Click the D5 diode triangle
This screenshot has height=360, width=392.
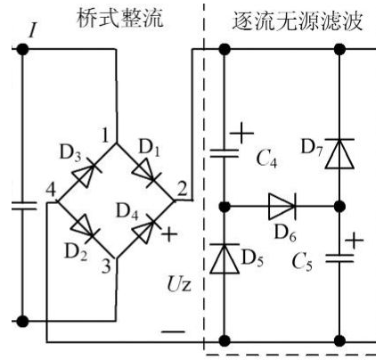point(225,258)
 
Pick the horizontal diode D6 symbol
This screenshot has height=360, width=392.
point(282,206)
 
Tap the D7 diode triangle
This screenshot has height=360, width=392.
point(339,153)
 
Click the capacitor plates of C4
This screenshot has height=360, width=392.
point(225,153)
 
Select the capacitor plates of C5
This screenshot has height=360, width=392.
point(339,258)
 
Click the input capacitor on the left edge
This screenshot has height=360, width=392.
point(23,206)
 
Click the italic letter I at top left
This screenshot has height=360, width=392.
point(33,29)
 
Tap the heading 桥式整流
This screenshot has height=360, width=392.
point(120,19)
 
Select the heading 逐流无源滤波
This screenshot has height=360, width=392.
point(298,21)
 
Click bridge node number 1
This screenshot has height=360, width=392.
point(105,135)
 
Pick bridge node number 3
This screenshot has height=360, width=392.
point(106,266)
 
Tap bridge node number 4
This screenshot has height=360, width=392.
point(51,190)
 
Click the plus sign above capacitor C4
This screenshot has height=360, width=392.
point(241,133)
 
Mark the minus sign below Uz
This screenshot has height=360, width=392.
point(173,331)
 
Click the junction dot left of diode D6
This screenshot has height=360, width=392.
point(225,206)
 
